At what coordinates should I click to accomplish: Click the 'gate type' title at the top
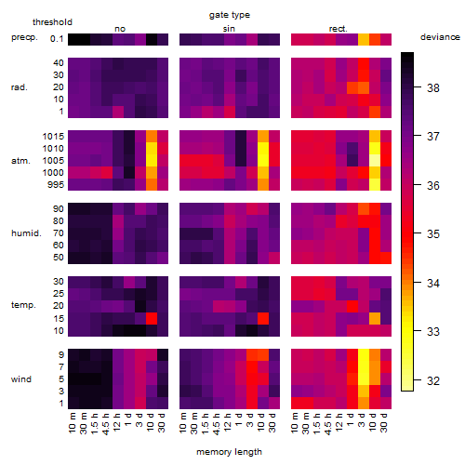230,15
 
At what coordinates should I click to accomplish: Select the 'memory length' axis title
229,452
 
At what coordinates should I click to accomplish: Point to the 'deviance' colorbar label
440,37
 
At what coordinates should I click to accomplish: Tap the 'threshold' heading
52,22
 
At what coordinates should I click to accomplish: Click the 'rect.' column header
338,29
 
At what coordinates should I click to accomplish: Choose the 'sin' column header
229,29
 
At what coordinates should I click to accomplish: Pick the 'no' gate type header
120,29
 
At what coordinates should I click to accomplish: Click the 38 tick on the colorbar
433,88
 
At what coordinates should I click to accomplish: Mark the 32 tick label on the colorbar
433,380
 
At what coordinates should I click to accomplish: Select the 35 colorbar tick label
433,234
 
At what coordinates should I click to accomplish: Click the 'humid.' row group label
26,233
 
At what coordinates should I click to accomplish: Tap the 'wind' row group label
21,379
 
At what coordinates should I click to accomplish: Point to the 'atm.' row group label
20,161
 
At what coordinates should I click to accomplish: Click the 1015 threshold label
53,136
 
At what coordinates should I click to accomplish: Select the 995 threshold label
56,185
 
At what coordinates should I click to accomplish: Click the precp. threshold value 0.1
57,39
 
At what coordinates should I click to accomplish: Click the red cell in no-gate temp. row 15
152,318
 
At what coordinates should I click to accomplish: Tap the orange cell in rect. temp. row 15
375,318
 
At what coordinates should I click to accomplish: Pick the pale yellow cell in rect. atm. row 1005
375,160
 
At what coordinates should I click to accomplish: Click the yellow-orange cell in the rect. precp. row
364,39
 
